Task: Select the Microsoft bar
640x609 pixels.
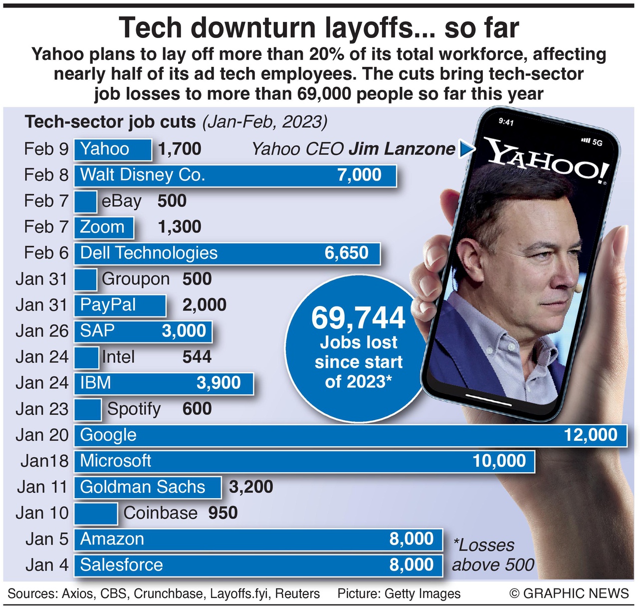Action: coord(304,461)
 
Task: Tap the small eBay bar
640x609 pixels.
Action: coord(85,201)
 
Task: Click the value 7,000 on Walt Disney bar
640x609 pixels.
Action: coord(359,175)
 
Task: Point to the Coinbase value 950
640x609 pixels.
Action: coord(222,513)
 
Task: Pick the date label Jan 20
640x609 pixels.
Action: coord(42,435)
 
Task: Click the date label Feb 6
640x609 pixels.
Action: coord(46,253)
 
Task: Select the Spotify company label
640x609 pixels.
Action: coord(134,409)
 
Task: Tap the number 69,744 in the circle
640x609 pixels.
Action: coord(358,318)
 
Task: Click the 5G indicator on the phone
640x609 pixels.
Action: coord(597,142)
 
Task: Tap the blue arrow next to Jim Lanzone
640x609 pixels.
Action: coord(466,149)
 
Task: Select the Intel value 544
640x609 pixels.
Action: coord(197,357)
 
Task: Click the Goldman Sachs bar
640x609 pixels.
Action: coord(148,487)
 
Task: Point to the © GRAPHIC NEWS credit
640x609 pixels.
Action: coord(569,593)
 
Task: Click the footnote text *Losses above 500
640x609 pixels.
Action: coord(493,555)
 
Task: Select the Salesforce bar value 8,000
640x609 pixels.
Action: coord(412,565)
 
